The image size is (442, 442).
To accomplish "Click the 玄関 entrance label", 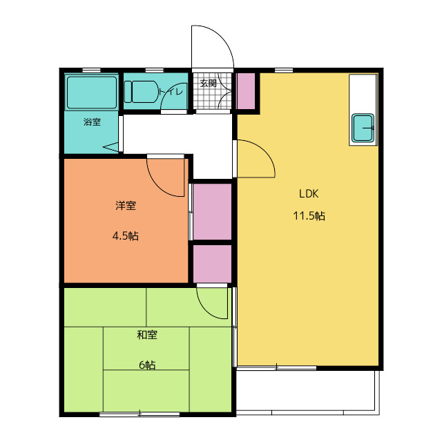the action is click(x=209, y=84).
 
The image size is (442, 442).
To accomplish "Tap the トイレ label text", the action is click(x=171, y=92).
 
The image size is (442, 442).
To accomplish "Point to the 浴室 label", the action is click(x=92, y=122).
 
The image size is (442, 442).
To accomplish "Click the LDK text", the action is click(x=309, y=193).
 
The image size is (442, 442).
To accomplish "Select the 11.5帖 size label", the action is click(x=309, y=216).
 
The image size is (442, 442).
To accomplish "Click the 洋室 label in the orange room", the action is click(x=126, y=206).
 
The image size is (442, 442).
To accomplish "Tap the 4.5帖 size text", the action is click(x=126, y=236).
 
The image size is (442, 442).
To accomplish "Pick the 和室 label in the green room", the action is click(x=147, y=335).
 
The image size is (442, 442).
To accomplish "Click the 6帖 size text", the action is click(x=147, y=365).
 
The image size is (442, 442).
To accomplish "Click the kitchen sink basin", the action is click(x=363, y=128).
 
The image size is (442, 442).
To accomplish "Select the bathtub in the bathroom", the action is click(x=92, y=93).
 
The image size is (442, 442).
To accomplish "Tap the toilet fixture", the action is click(x=141, y=92).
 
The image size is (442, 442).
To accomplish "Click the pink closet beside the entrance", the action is click(x=246, y=91).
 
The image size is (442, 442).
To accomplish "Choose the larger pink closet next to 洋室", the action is click(x=212, y=212).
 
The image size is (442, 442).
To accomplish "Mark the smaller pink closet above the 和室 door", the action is click(x=212, y=264).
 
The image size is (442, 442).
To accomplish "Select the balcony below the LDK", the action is click(x=306, y=392).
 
